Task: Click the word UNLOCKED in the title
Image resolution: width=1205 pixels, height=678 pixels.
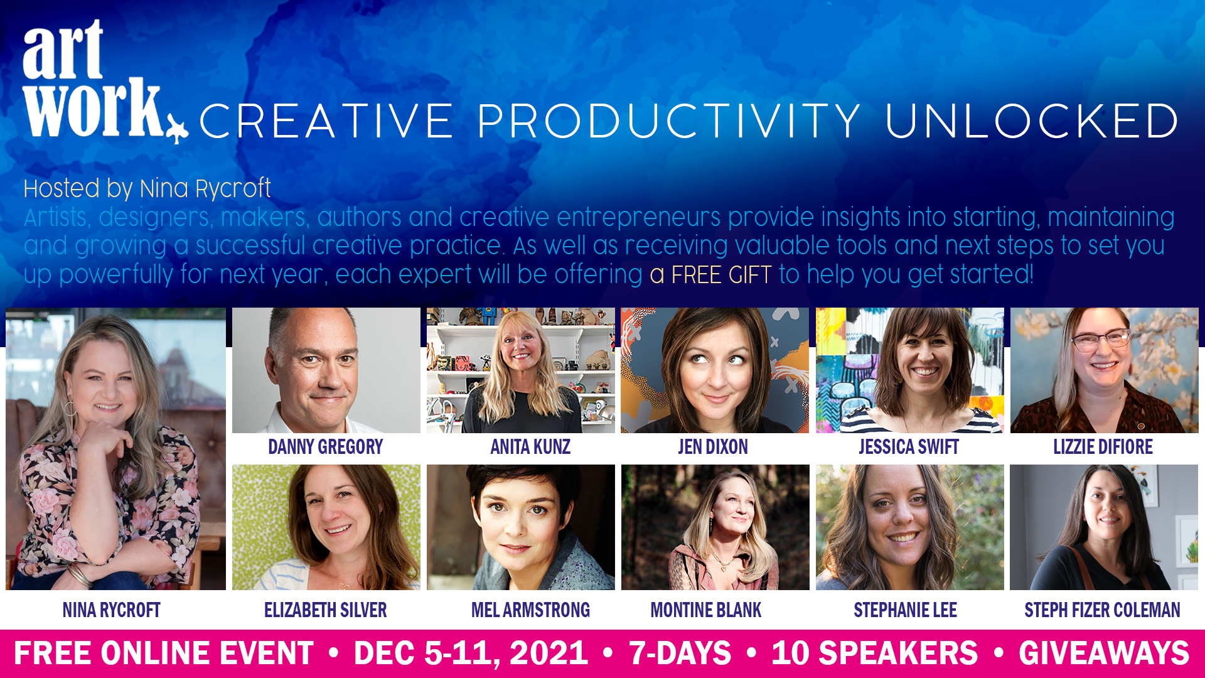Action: click(1032, 121)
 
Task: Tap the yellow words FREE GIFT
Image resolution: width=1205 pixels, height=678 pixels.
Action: click(721, 275)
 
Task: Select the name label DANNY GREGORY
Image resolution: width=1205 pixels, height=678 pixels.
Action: click(325, 447)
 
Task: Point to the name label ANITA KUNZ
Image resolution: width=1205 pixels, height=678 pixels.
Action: click(530, 447)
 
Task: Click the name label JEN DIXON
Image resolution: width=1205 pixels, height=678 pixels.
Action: click(713, 447)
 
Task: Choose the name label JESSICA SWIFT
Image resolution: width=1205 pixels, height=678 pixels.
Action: click(909, 447)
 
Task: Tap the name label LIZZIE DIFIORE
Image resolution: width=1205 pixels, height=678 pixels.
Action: click(1103, 447)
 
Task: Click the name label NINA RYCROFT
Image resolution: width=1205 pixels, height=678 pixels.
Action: click(112, 610)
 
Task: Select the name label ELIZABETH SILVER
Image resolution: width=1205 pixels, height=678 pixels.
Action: click(325, 610)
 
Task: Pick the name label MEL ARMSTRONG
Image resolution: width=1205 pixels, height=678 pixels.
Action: click(530, 610)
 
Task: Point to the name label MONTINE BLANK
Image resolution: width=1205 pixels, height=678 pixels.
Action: click(706, 610)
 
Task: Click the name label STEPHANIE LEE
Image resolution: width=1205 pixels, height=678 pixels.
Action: click(905, 610)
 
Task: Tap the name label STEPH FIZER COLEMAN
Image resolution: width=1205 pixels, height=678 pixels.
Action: click(1102, 610)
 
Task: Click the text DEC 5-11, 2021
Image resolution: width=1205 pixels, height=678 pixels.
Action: click(471, 654)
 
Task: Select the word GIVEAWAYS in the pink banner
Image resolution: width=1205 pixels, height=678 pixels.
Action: click(1104, 654)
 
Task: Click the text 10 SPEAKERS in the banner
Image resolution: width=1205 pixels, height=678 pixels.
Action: click(874, 654)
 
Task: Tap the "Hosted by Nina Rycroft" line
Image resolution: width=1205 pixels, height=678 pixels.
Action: click(147, 189)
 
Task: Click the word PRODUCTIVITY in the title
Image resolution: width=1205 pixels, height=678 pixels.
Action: click(668, 121)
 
